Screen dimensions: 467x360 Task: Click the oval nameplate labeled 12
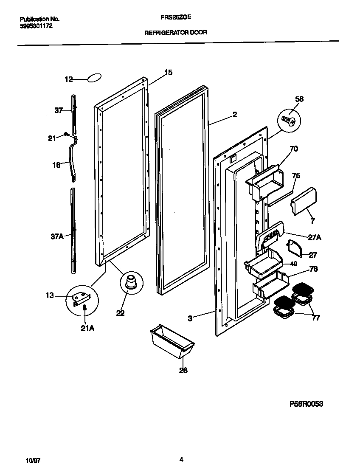point(95,78)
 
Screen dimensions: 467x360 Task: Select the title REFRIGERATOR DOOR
point(176,32)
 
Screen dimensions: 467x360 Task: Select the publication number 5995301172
point(37,26)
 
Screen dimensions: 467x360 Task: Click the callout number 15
point(168,73)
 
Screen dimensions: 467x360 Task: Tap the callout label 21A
point(87,327)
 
